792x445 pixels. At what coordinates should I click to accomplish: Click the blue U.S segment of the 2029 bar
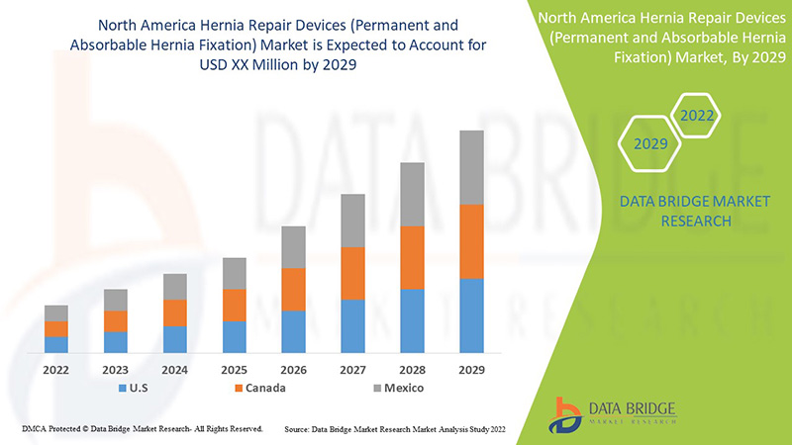(x=471, y=315)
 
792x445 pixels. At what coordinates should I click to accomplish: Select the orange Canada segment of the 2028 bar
(x=412, y=257)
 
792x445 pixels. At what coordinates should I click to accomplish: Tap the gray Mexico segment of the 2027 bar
(x=352, y=220)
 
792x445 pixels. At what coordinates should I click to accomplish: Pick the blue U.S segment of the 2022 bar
(x=56, y=344)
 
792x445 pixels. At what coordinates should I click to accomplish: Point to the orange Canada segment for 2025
(x=234, y=305)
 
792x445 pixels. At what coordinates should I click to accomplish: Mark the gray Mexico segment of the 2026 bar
(x=293, y=247)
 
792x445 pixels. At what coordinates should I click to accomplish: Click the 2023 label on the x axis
(x=116, y=369)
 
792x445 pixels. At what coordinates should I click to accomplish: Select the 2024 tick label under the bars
(x=175, y=369)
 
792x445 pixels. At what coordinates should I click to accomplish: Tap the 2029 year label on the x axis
(x=471, y=369)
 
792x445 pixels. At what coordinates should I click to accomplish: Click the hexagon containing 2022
(x=696, y=117)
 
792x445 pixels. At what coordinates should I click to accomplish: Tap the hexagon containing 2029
(x=649, y=144)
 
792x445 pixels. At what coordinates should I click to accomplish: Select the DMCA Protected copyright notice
(x=142, y=429)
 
